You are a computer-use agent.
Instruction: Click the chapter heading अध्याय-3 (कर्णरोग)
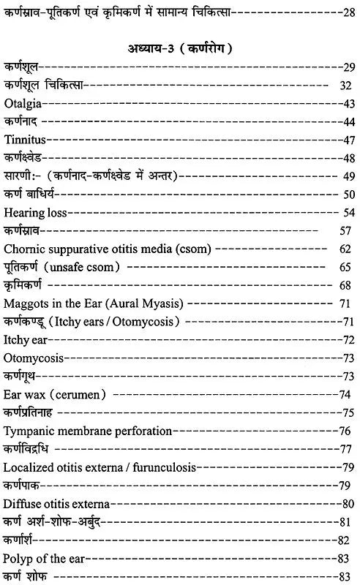click(179, 49)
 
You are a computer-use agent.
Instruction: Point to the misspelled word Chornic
click(24, 249)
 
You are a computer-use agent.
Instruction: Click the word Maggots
click(25, 303)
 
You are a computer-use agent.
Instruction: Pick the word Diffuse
click(21, 503)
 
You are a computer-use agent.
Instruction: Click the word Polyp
click(18, 558)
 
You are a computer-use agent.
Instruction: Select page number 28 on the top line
click(347, 12)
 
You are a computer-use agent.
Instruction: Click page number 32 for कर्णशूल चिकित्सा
click(347, 86)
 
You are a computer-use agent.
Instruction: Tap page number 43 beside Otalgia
click(347, 104)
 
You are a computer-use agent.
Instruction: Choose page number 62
click(347, 249)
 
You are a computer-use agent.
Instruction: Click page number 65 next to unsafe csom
click(347, 267)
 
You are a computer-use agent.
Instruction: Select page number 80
click(348, 503)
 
